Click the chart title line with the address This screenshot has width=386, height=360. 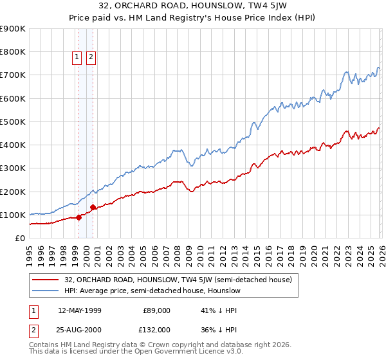pyautogui.click(x=192, y=6)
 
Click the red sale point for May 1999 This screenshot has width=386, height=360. pyautogui.click(x=78, y=217)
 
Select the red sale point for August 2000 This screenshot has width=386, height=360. pyautogui.click(x=93, y=207)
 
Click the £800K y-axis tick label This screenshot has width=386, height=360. pyautogui.click(x=13, y=52)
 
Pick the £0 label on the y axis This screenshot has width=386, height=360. pyautogui.click(x=21, y=238)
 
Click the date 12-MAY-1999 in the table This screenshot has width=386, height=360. pyautogui.click(x=79, y=310)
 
